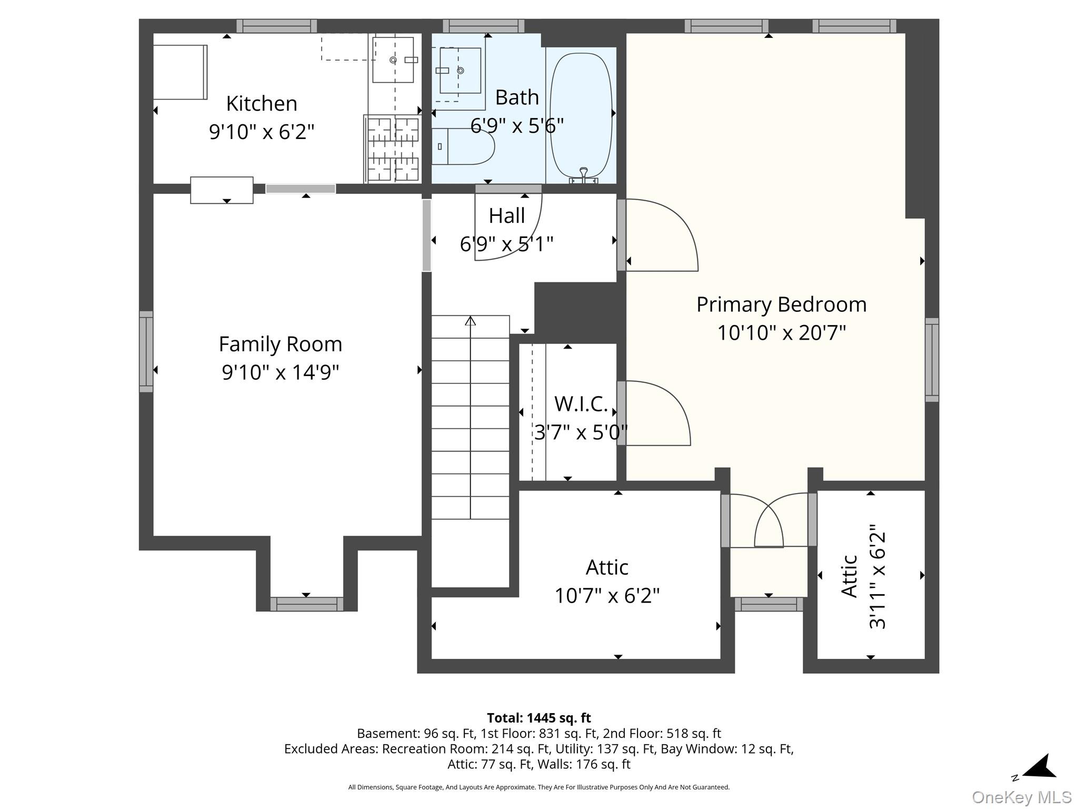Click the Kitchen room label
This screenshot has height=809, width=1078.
click(262, 104)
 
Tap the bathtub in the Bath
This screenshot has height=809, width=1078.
click(581, 115)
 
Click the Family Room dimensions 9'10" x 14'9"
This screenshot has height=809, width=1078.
click(281, 372)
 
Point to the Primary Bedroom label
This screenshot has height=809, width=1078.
click(781, 304)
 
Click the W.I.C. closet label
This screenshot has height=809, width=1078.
click(581, 404)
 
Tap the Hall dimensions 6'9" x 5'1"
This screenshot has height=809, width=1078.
click(506, 244)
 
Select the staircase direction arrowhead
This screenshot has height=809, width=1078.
click(471, 320)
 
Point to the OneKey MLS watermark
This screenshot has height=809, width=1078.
click(1022, 797)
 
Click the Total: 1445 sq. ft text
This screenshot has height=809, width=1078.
click(538, 718)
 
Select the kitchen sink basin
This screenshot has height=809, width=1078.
click(393, 60)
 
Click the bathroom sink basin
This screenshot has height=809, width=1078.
click(461, 71)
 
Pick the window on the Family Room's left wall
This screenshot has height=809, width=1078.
click(146, 351)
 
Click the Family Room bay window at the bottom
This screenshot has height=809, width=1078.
click(307, 604)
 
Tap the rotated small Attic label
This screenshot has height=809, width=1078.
click(850, 576)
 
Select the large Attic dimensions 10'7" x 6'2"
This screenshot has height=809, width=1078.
click(607, 596)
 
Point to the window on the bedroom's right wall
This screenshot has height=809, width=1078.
click(932, 360)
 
